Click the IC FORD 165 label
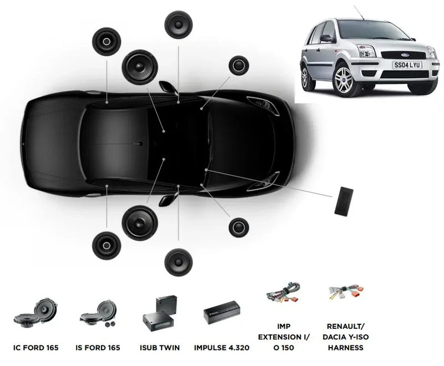[x=36, y=348]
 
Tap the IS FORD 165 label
[x=98, y=348]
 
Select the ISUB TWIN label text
[x=160, y=348]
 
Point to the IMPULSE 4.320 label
[x=221, y=348]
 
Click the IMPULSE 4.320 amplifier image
[x=221, y=313]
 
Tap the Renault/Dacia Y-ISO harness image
[x=345, y=293]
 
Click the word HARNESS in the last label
[x=346, y=348]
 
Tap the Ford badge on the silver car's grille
[x=403, y=55]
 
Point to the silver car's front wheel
[x=344, y=78]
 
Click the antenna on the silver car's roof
[x=359, y=13]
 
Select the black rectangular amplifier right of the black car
[x=344, y=201]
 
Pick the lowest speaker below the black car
[x=179, y=262]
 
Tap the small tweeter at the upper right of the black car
[x=239, y=66]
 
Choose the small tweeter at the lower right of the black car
[x=239, y=227]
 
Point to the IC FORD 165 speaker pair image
[x=36, y=313]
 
